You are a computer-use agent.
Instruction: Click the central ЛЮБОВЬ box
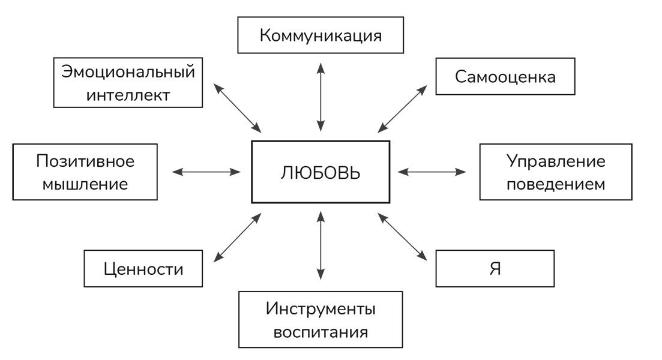click(x=320, y=172)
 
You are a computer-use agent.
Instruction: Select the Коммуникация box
click(x=320, y=35)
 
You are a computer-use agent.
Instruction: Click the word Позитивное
click(x=85, y=161)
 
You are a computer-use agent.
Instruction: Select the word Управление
click(x=556, y=161)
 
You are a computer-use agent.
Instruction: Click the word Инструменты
click(x=320, y=310)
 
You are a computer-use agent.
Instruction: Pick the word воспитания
click(x=320, y=331)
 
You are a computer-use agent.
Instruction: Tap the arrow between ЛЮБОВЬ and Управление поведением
click(x=432, y=172)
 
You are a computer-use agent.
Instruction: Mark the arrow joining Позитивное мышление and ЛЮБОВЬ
click(x=206, y=172)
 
